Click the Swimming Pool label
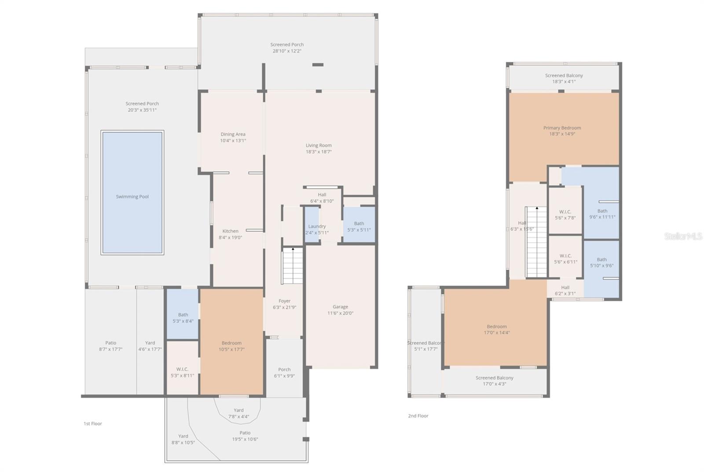(132, 197)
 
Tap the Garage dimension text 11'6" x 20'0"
(340, 313)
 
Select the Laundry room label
(317, 226)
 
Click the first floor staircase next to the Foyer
(293, 266)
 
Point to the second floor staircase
(536, 242)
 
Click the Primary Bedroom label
(562, 128)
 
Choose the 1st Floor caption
(93, 424)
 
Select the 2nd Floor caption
(418, 416)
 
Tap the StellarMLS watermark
(683, 236)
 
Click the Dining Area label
(233, 134)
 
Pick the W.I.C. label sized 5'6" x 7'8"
(565, 212)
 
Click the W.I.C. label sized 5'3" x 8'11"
(182, 369)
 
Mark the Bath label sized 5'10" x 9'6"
(601, 260)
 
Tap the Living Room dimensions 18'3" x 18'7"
(319, 152)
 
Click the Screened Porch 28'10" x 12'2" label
(287, 44)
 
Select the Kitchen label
(230, 231)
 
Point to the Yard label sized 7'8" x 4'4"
(238, 410)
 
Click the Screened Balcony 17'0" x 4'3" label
(494, 378)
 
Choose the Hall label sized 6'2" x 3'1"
(565, 288)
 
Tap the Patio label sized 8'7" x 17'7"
(110, 343)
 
